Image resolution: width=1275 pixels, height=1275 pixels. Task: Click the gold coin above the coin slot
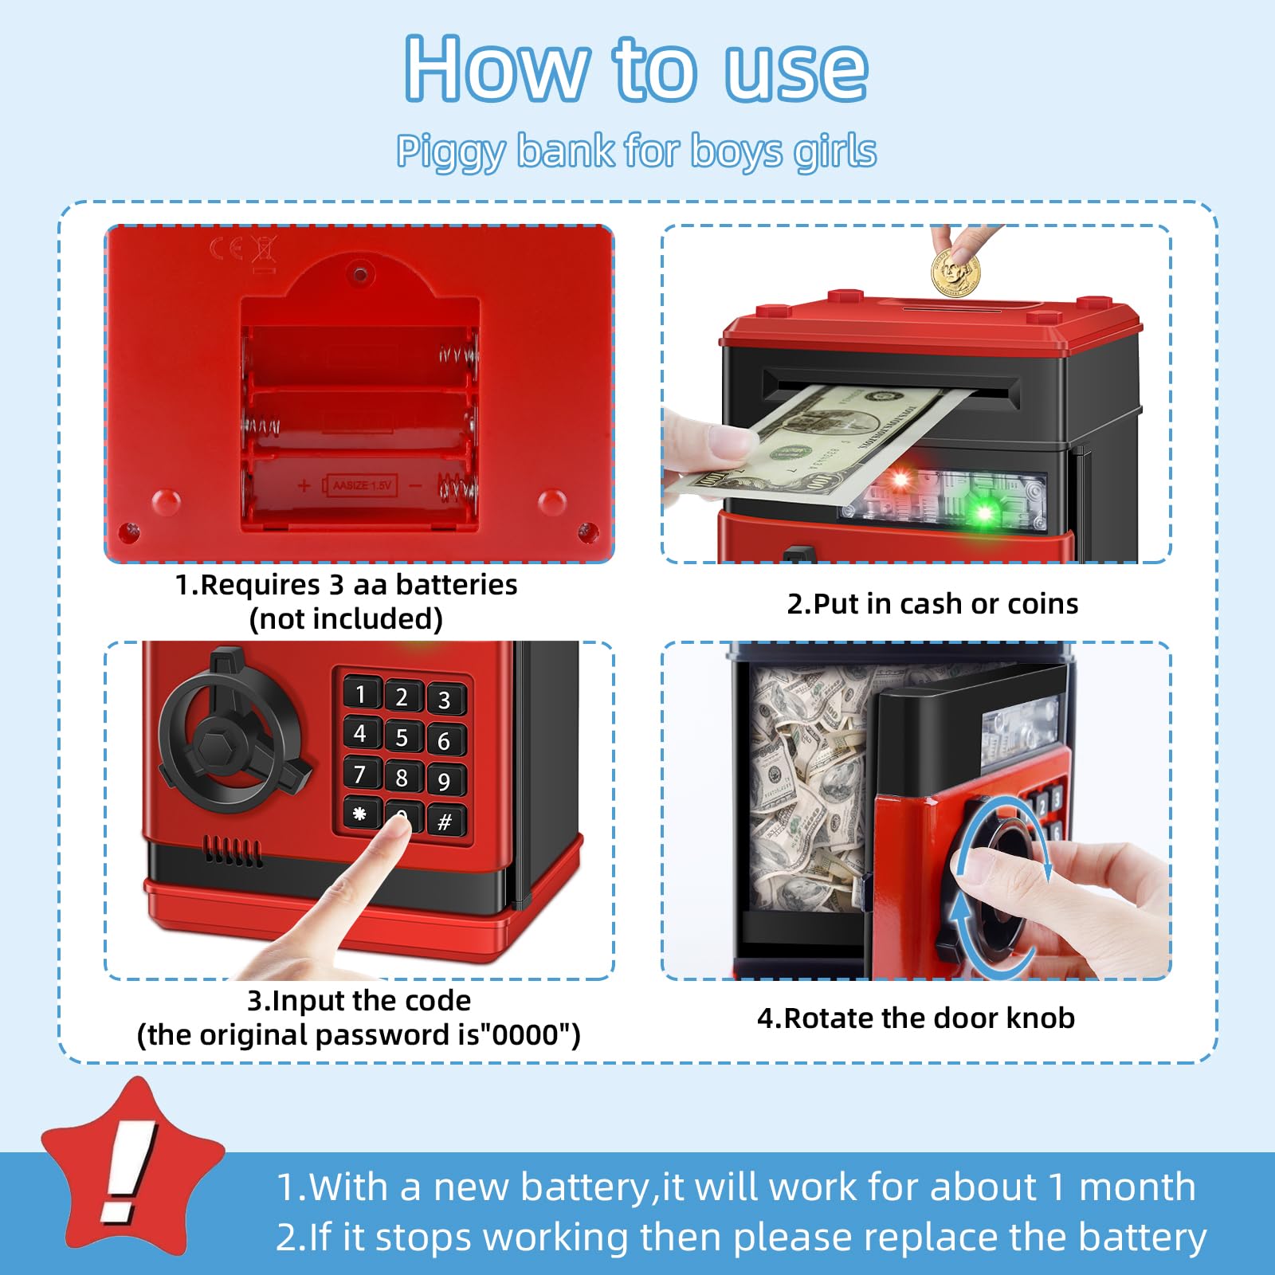pyautogui.click(x=955, y=271)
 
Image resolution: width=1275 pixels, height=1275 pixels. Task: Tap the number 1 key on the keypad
pyautogui.click(x=361, y=693)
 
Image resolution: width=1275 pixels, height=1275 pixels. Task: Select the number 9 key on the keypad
pyautogui.click(x=445, y=780)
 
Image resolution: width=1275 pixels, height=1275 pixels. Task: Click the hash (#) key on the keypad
pyautogui.click(x=445, y=821)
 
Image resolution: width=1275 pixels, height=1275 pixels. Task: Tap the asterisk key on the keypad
pyautogui.click(x=360, y=814)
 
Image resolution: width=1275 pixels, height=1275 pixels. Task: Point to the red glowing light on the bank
pyautogui.click(x=900, y=480)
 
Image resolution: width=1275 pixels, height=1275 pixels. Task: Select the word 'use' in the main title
pyautogui.click(x=796, y=69)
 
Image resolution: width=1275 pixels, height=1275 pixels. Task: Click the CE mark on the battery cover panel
pyautogui.click(x=226, y=249)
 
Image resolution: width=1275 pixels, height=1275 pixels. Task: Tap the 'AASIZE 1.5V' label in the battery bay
pyautogui.click(x=362, y=484)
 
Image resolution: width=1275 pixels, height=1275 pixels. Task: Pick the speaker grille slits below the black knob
pyautogui.click(x=233, y=851)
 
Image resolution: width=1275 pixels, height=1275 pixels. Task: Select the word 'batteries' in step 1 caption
pyautogui.click(x=457, y=584)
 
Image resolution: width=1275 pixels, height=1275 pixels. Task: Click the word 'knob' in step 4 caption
pyautogui.click(x=1040, y=1018)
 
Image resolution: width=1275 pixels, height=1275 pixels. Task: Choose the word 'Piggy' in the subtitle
pyautogui.click(x=451, y=151)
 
